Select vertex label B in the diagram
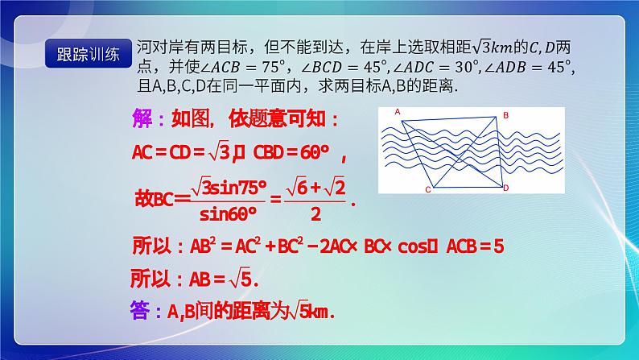(x=505, y=117)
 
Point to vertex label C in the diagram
(x=428, y=192)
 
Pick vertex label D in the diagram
(x=505, y=188)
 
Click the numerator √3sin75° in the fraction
(x=229, y=187)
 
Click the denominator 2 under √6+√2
(x=316, y=213)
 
